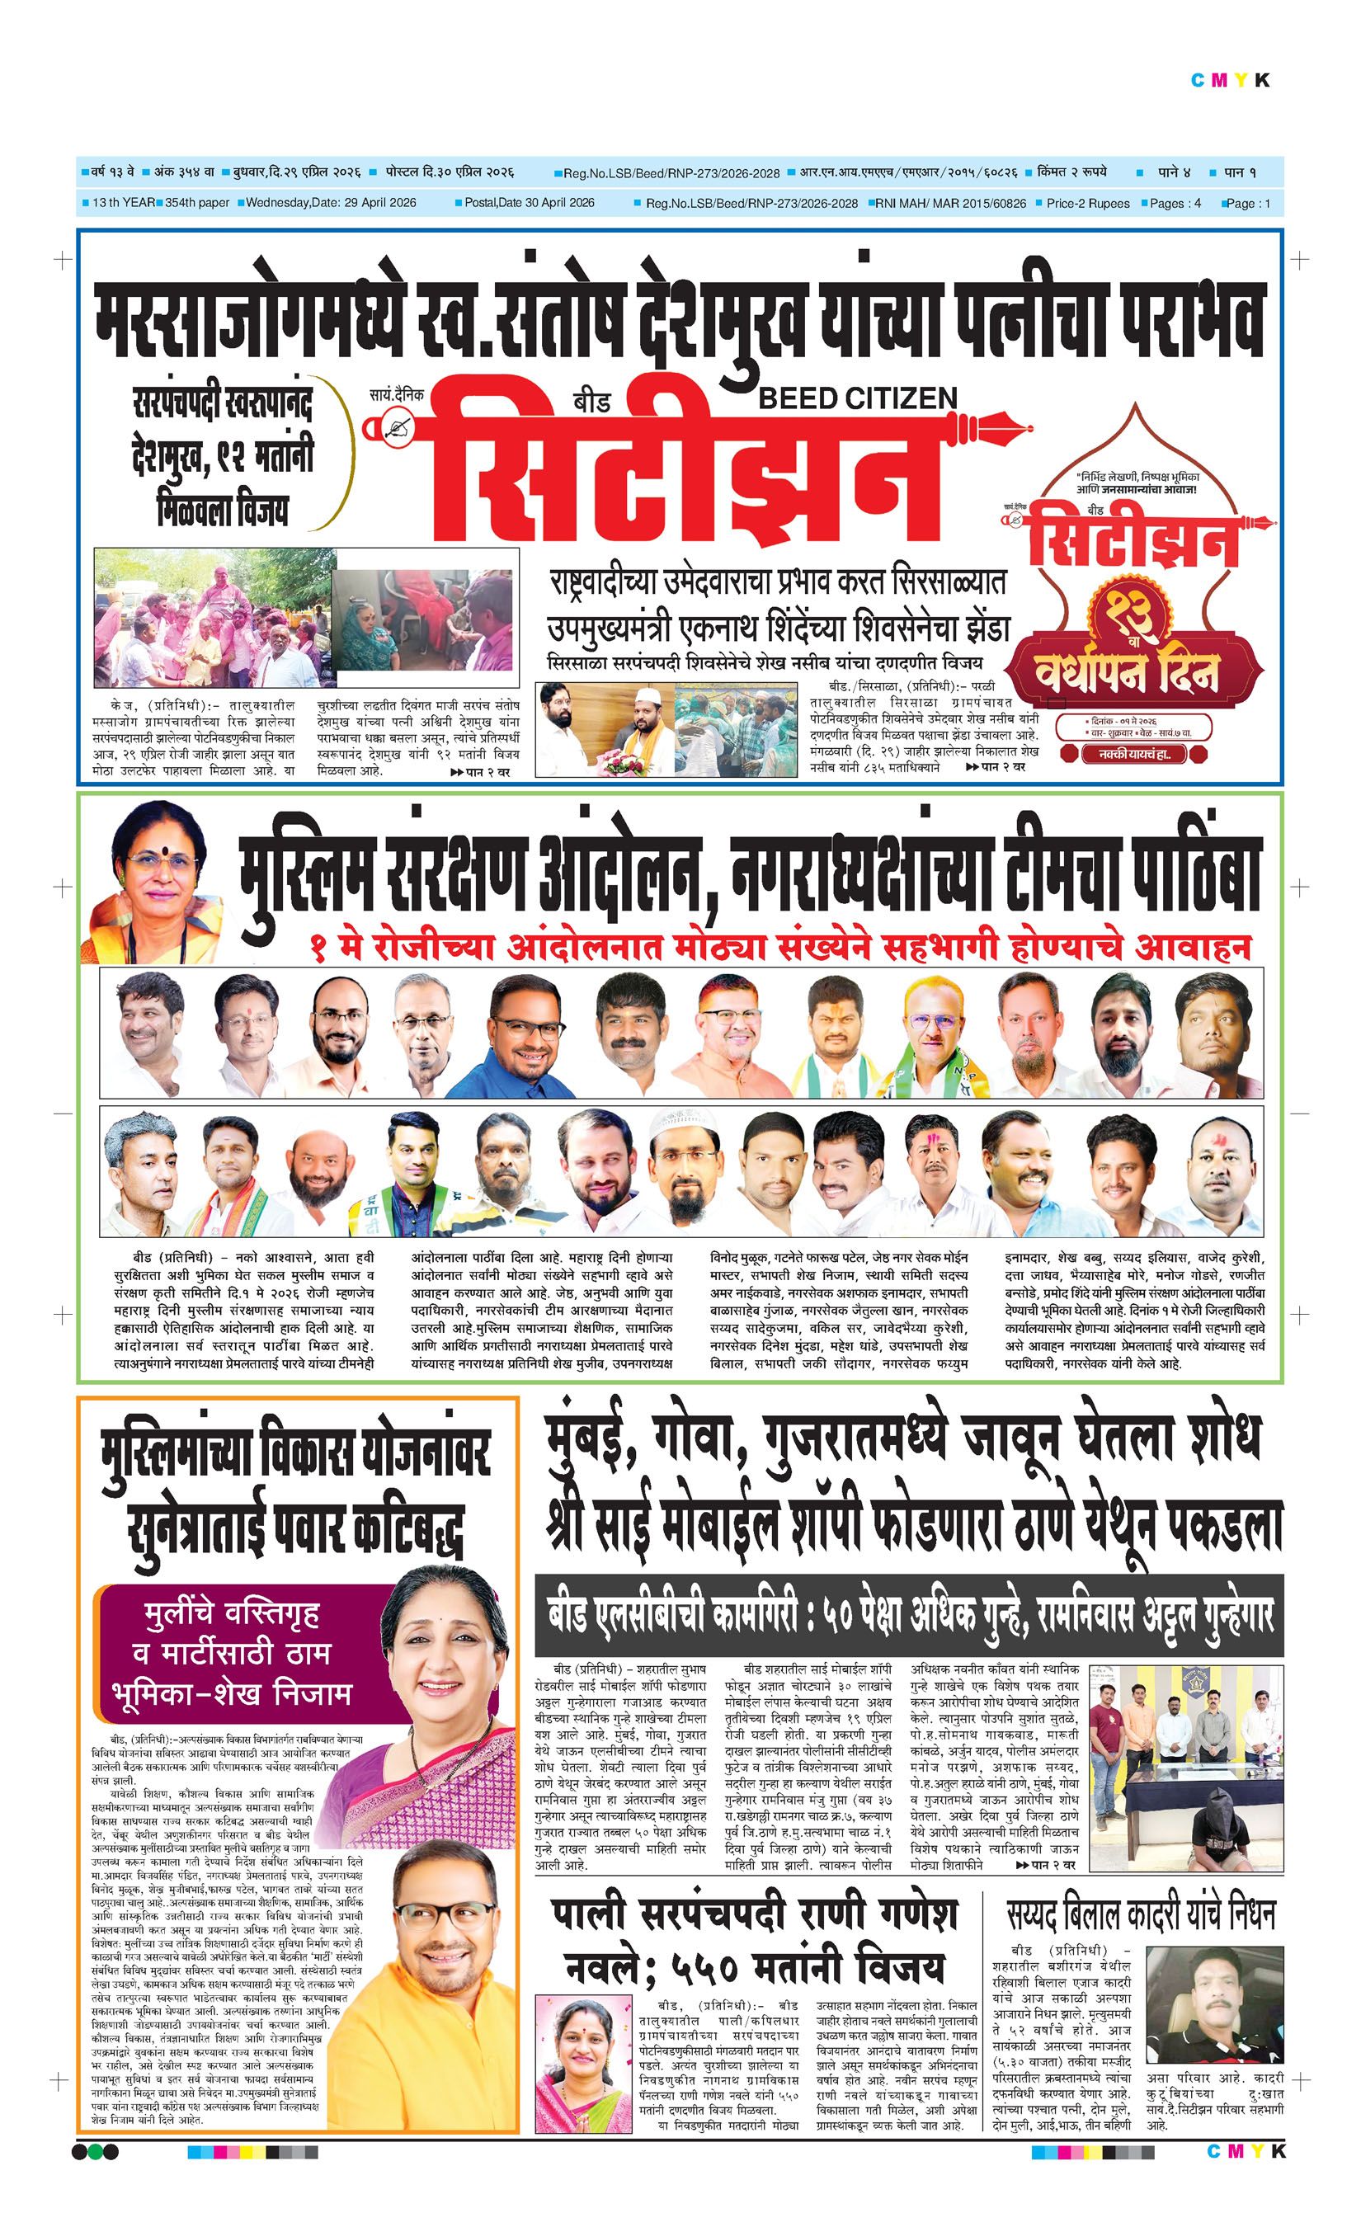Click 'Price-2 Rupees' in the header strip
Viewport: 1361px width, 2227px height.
pyautogui.click(x=1087, y=204)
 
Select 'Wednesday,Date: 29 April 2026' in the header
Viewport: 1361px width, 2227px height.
pyautogui.click(x=331, y=202)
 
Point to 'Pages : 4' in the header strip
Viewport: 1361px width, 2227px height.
pyautogui.click(x=1175, y=204)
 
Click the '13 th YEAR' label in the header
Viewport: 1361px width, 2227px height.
pyautogui.click(x=123, y=202)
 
